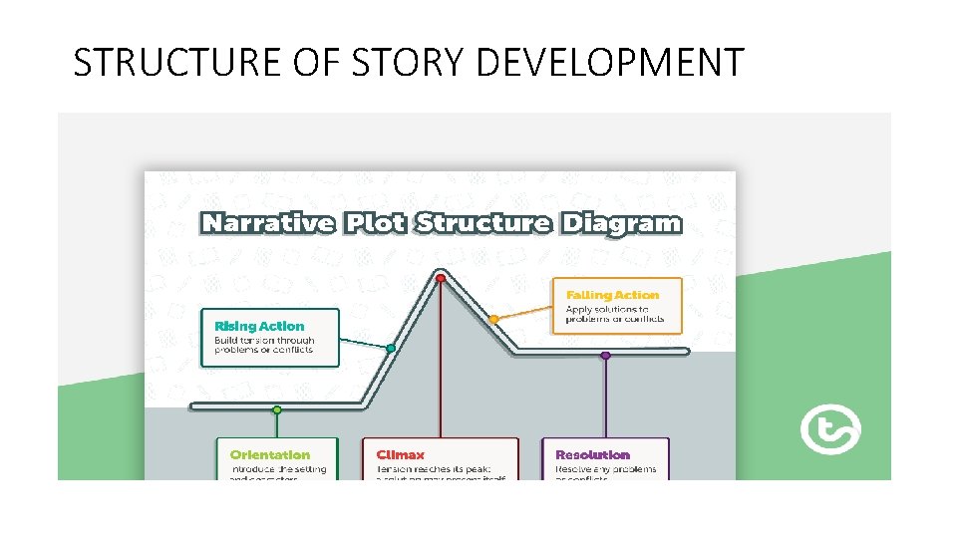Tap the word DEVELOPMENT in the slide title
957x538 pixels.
click(610, 62)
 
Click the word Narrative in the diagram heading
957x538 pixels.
click(267, 222)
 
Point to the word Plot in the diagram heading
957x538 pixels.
click(375, 222)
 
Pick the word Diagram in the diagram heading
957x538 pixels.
click(621, 222)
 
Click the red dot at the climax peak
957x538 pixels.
click(441, 278)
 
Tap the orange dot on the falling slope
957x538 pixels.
click(493, 319)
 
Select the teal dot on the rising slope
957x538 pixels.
click(391, 348)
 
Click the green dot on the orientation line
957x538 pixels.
click(277, 408)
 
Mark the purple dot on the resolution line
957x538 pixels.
click(605, 355)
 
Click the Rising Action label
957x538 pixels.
click(259, 326)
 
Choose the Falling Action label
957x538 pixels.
click(612, 295)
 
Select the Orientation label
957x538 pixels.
click(269, 454)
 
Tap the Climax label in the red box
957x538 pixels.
click(401, 454)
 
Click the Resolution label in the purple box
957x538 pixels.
click(592, 454)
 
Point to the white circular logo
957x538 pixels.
click(830, 429)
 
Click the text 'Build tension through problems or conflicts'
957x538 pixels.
click(263, 346)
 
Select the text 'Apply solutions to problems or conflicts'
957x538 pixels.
click(607, 315)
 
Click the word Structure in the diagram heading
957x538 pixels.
click(482, 222)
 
